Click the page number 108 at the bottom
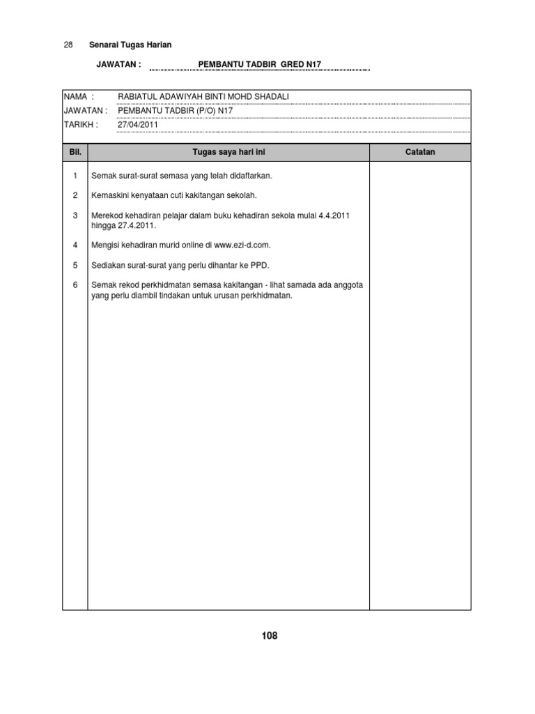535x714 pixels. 270,635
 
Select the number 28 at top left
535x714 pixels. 68,45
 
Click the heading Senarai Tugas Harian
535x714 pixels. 130,45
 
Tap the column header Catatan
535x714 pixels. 419,152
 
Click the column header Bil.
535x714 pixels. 75,152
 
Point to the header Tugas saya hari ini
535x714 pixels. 228,152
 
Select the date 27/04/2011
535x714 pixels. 138,125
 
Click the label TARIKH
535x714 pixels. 79,125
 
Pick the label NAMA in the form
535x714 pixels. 77,96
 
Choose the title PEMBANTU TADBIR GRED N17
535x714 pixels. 260,65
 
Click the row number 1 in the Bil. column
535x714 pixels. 75,176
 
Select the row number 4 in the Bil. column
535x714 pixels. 75,245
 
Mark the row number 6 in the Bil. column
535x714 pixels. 75,284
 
